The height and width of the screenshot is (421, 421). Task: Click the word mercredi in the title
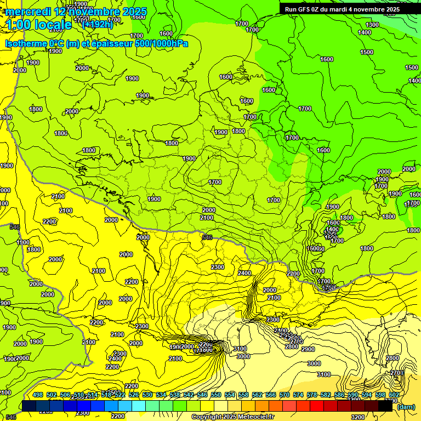point(29,12)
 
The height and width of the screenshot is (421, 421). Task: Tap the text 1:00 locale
point(39,25)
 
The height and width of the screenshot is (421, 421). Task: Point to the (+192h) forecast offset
point(97,24)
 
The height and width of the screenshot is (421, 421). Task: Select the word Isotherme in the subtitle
point(26,43)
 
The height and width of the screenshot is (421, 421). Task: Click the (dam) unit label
point(406,407)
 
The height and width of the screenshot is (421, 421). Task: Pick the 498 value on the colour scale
point(38,395)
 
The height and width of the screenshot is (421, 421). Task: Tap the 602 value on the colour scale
point(394,395)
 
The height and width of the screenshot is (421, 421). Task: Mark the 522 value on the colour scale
point(120,395)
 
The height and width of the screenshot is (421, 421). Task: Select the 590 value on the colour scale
point(353,395)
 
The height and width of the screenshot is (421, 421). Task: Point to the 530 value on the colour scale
point(147,395)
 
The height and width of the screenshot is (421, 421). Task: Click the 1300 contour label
point(372,25)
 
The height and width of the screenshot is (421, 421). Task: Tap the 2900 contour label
point(308,349)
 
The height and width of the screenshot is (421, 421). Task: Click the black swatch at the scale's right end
point(386,406)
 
